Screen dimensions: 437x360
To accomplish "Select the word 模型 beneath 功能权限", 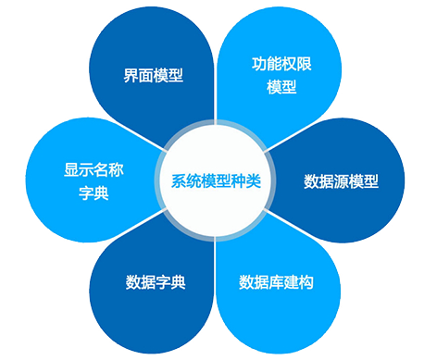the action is pos(281,88).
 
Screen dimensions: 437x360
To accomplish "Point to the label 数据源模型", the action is pos(342,180).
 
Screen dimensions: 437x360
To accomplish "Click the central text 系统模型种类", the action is pos(218,180).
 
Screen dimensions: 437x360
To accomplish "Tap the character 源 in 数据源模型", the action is pos(342,180).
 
